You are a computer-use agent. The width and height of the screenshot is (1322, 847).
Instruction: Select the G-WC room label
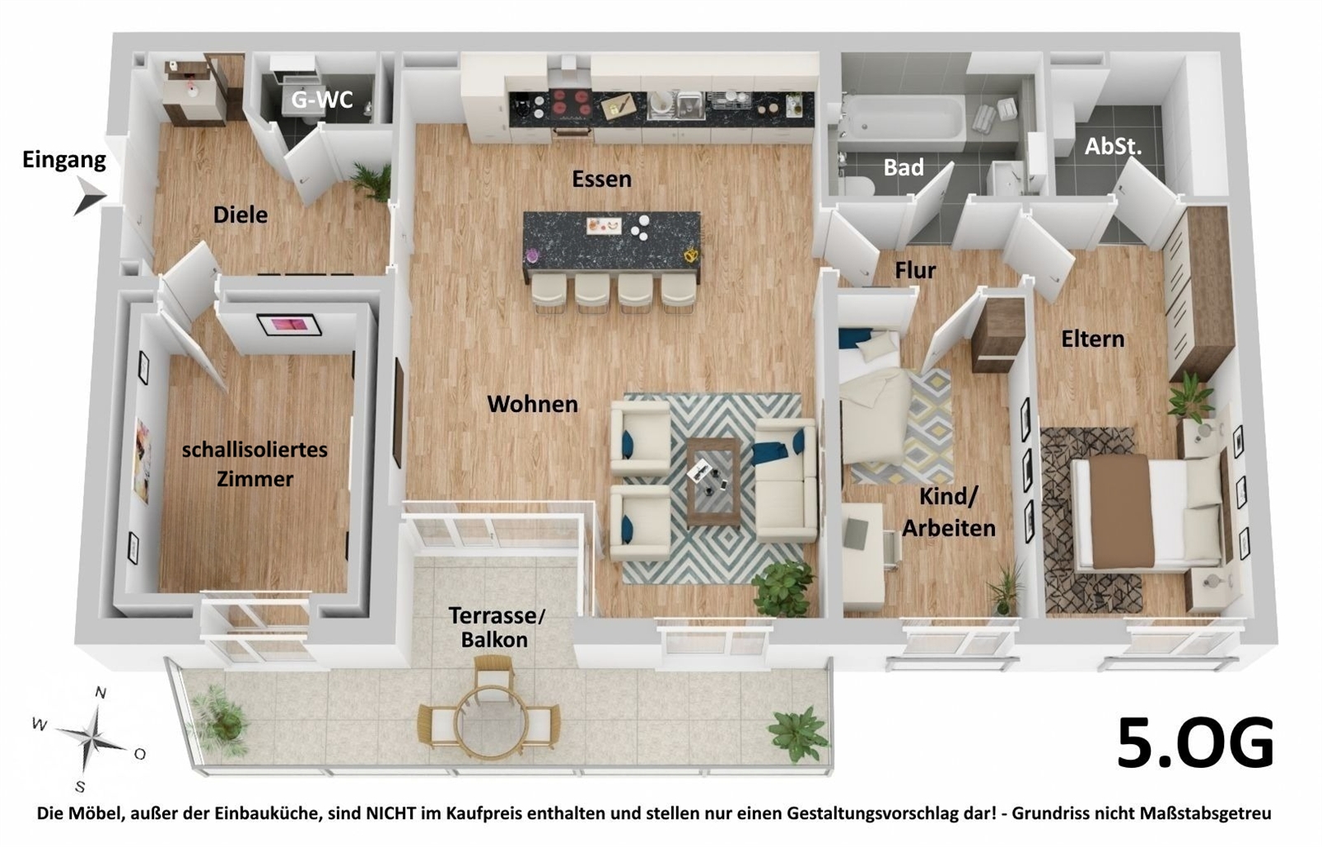322,99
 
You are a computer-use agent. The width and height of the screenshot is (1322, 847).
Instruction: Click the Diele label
241,215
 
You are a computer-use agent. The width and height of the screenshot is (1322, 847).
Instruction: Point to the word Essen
601,179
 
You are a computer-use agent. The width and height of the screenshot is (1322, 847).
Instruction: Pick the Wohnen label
532,405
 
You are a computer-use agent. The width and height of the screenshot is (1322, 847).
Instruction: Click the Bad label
904,167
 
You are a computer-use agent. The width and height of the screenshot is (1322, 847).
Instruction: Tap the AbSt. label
1113,147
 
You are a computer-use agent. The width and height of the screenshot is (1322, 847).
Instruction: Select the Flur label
915,270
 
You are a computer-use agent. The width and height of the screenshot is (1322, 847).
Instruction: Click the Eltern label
1092,339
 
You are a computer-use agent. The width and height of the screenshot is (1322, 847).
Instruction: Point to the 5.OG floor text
1196,742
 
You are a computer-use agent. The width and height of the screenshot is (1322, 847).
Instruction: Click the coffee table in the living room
713,481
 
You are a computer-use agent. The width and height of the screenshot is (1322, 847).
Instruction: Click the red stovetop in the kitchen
571,103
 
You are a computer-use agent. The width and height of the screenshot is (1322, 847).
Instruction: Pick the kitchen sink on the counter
677,105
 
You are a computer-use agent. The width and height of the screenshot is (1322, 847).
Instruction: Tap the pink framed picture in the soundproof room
289,325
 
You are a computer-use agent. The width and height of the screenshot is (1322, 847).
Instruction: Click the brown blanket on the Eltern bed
1121,511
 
